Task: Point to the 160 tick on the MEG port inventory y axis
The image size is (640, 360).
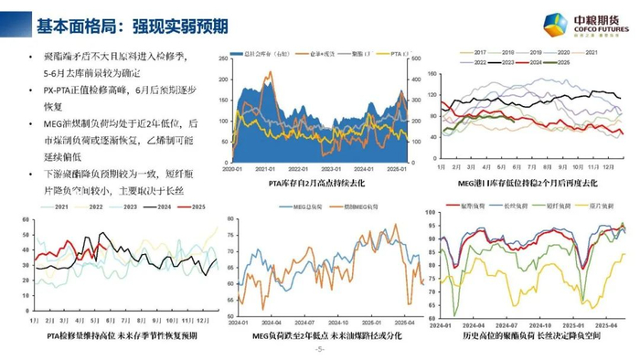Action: (435, 78)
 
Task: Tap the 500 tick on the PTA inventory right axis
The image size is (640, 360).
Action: (415, 59)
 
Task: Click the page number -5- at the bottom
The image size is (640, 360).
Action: (319, 350)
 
